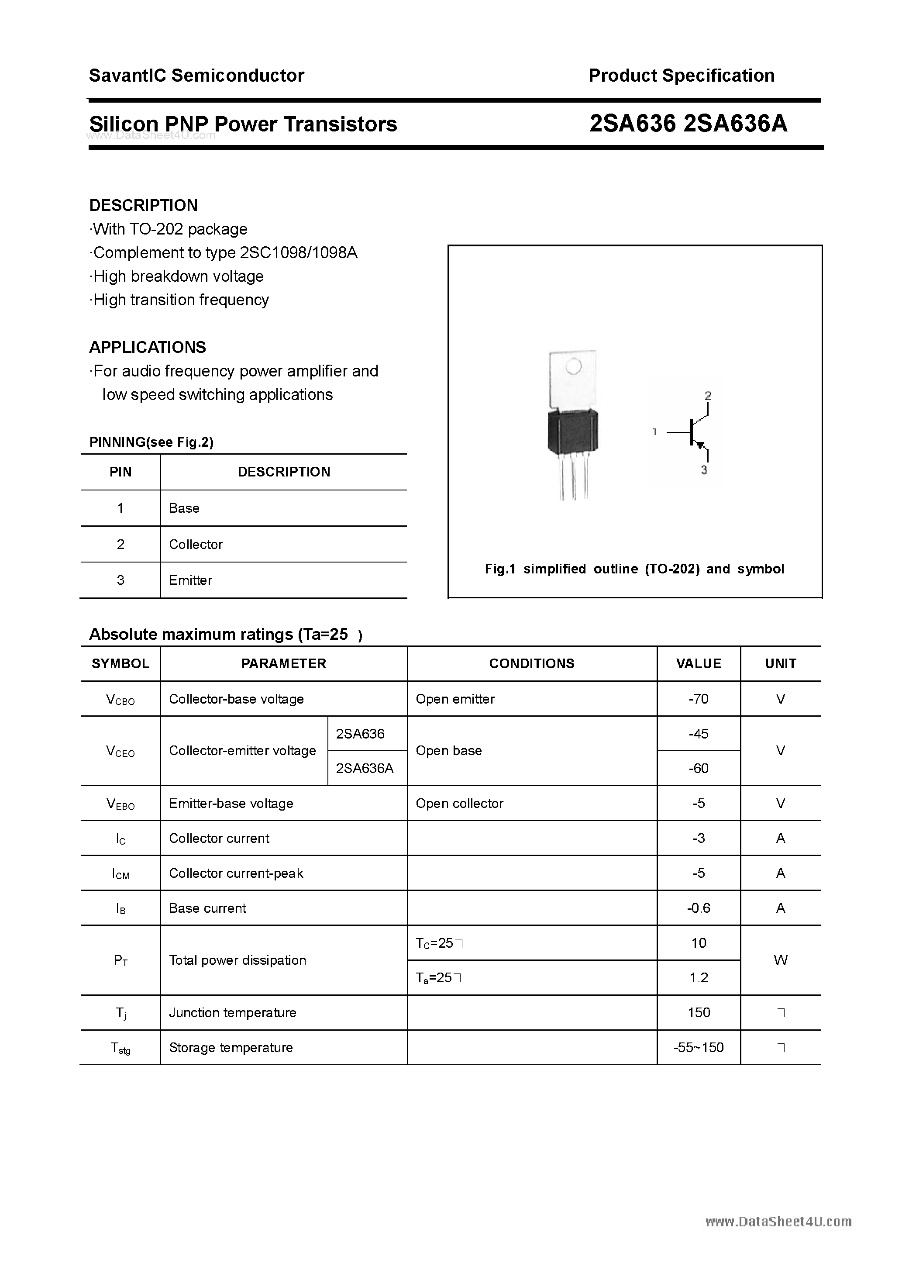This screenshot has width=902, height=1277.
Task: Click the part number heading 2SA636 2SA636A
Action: (688, 124)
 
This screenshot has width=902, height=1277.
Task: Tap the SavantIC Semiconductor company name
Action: (196, 76)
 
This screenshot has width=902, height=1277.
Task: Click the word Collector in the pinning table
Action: (196, 545)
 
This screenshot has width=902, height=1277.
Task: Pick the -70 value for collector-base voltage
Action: (699, 699)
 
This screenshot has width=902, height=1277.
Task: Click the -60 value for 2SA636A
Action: (699, 769)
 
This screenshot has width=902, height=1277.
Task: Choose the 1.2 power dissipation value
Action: (699, 978)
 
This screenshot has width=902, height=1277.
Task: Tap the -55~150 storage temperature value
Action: (699, 1048)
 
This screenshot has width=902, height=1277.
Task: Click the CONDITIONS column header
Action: (532, 663)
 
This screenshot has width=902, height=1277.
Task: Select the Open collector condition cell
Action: (459, 804)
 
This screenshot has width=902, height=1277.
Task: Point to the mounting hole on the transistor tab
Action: (573, 366)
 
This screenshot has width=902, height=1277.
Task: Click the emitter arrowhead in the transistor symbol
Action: (700, 445)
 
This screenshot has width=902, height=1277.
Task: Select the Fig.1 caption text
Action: (634, 569)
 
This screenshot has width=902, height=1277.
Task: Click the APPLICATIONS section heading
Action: (148, 348)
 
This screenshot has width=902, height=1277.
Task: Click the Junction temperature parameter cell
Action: (232, 1013)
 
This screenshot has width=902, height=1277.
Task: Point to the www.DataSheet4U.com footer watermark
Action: (778, 1222)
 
